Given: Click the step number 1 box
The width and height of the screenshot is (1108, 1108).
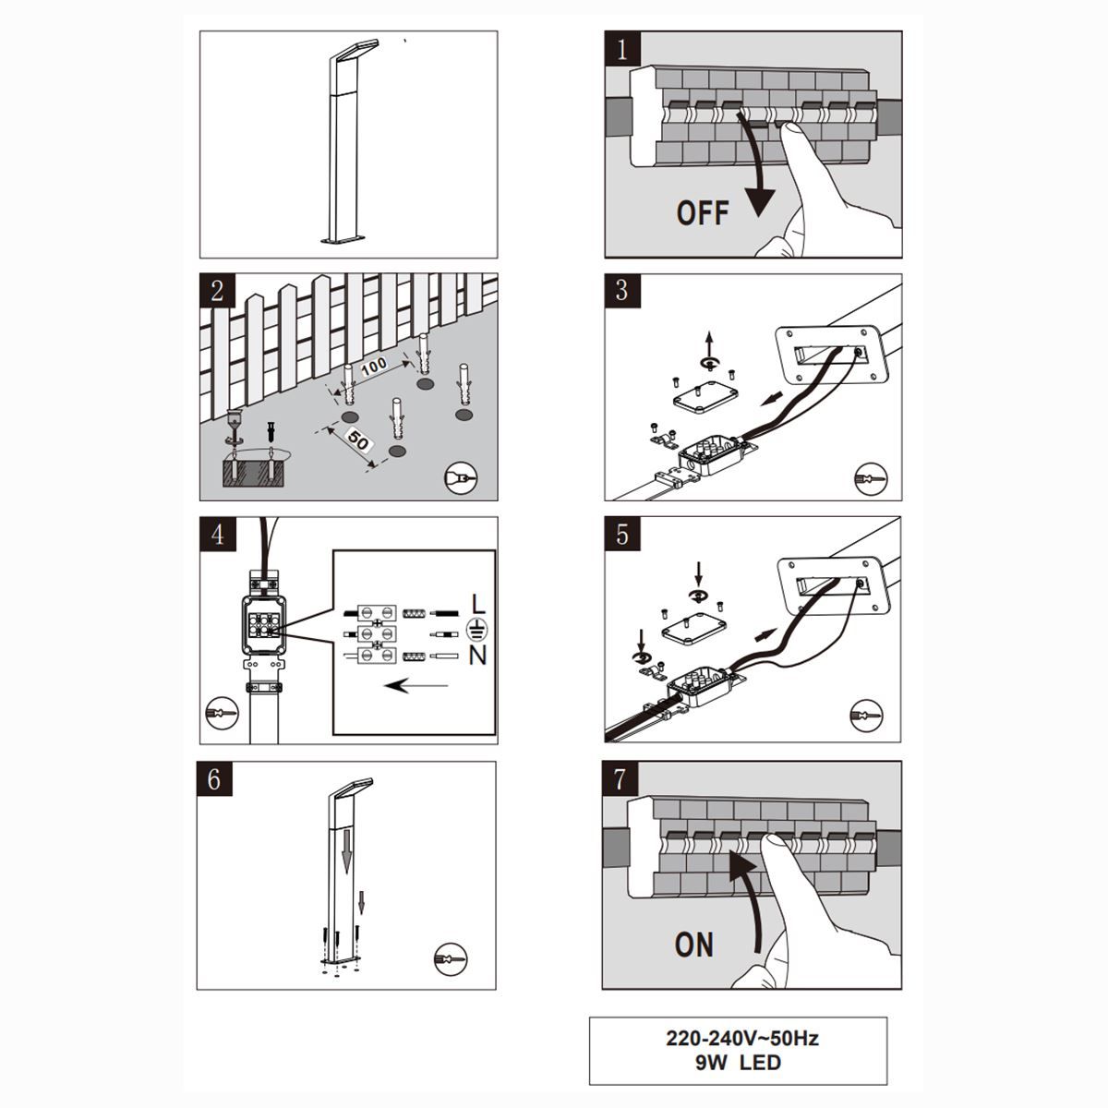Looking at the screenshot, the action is click(622, 49).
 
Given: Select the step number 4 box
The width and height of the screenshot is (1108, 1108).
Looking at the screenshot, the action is click(218, 535).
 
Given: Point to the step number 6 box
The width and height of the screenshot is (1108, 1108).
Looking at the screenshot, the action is click(214, 779).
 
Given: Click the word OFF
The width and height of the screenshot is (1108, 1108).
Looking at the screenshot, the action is click(703, 212).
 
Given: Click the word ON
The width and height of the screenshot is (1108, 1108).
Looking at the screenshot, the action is click(694, 945).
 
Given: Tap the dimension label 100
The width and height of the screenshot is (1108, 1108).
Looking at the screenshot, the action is click(374, 367).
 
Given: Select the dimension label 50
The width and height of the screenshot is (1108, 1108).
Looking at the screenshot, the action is click(357, 441).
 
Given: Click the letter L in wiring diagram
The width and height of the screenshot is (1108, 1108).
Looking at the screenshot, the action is click(478, 604).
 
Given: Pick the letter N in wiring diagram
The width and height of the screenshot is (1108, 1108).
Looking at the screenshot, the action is click(477, 656).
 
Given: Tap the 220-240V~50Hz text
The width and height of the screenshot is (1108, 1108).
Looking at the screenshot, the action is click(742, 1038).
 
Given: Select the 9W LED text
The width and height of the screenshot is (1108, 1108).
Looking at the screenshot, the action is click(739, 1062).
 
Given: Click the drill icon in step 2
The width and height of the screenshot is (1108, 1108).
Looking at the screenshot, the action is click(461, 477).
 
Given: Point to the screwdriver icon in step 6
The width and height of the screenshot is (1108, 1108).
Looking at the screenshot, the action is click(451, 959).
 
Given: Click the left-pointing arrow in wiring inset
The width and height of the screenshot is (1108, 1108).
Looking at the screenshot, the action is click(416, 685).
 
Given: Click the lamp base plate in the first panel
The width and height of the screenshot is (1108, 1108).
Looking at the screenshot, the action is click(343, 238).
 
